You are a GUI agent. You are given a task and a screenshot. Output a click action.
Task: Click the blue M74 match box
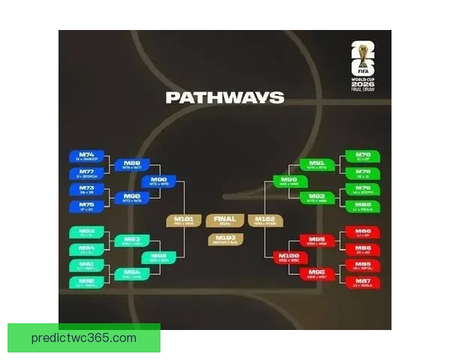pos(87,157)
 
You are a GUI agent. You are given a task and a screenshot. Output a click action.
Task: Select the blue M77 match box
pos(87,173)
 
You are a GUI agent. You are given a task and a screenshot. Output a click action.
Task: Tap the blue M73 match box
pos(87,189)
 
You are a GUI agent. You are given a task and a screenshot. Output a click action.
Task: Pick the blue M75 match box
pos(87,205)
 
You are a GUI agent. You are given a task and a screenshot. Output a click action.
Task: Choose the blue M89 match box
pos(132,165)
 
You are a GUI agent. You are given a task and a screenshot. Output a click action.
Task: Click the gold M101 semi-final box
pos(184,220)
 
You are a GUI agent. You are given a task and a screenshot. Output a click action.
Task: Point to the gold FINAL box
pos(225,220)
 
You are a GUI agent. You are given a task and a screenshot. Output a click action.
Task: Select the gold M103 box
pos(225,239)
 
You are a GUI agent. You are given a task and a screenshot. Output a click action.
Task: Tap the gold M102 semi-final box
pos(265,220)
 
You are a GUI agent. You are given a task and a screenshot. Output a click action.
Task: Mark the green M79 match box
pos(362,189)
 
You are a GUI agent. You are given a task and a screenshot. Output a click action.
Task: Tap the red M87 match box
pos(362,282)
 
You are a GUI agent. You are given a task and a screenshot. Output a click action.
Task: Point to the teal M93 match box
pos(132,241)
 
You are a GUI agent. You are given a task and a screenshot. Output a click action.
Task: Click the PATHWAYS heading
pos(225,97)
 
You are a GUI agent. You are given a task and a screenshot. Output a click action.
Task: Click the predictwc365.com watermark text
pos(84,338)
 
